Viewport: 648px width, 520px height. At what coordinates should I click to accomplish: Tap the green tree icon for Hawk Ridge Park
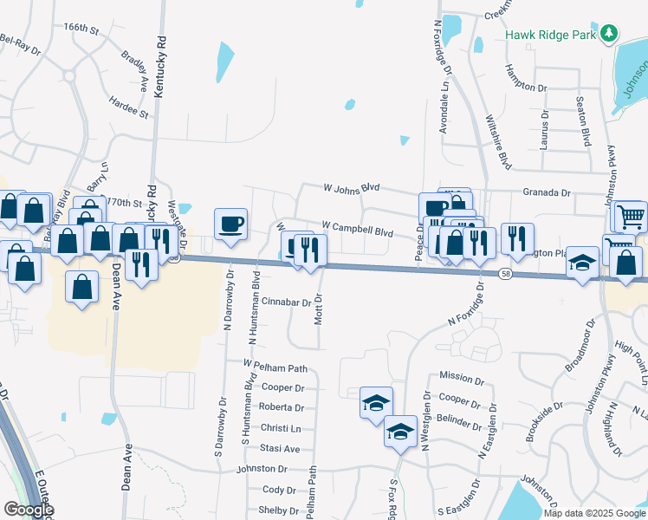click(611, 34)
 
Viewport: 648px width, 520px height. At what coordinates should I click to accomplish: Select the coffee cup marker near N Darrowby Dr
click(230, 224)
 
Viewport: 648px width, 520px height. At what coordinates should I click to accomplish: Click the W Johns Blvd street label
click(352, 186)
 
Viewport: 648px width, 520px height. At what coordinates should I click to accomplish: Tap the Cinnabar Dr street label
click(285, 302)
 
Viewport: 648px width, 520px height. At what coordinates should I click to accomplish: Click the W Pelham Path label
click(275, 365)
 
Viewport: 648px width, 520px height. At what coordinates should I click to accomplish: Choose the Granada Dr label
click(547, 194)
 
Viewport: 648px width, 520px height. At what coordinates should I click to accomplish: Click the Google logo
click(28, 510)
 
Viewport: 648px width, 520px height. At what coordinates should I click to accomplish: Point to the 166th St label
click(81, 28)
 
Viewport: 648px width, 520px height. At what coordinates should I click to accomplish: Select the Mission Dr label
click(461, 378)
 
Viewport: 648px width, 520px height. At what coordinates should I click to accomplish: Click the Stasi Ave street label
click(280, 448)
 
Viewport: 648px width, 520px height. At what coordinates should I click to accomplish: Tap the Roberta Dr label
click(282, 407)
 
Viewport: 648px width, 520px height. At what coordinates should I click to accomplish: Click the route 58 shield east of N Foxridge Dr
click(505, 274)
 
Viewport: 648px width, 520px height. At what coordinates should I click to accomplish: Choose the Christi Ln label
click(281, 428)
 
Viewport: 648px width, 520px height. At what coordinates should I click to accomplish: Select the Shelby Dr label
click(279, 510)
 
